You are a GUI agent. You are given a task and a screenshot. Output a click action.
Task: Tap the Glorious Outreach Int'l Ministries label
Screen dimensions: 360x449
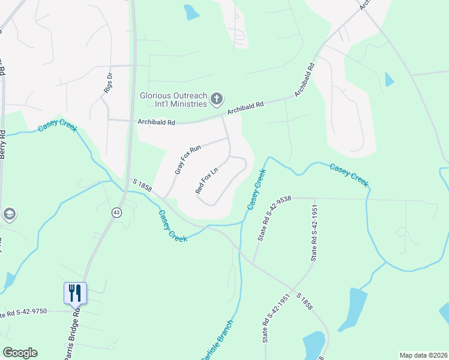(173, 99)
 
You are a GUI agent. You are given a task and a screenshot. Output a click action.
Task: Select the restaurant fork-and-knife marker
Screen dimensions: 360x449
(76, 293)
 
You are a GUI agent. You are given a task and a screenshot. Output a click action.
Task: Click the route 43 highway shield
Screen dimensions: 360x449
(115, 212)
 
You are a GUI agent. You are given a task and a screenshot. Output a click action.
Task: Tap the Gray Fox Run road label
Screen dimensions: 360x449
(187, 160)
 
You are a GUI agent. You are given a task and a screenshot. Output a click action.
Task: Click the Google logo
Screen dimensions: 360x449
(20, 353)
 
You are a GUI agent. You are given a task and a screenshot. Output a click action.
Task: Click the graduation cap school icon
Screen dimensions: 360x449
(9, 214)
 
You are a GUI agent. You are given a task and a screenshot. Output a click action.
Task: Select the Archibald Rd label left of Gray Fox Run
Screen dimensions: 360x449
(156, 122)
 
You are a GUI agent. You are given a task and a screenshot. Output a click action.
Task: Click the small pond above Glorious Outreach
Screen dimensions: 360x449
(191, 12)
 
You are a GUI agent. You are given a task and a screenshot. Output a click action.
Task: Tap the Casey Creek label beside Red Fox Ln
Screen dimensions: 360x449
(256, 189)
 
